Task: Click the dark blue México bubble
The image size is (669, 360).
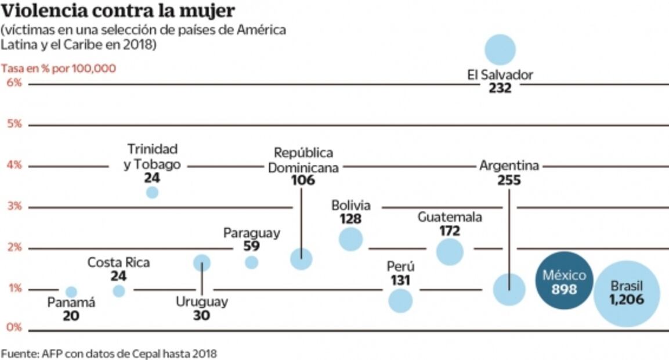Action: [560, 280]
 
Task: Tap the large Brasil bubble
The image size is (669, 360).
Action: [627, 293]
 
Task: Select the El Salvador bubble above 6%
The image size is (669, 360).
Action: [500, 49]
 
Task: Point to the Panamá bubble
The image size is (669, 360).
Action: [71, 291]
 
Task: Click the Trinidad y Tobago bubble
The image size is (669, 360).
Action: [152, 192]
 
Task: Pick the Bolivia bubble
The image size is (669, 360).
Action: [350, 239]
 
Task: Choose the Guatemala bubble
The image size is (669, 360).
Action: [450, 251]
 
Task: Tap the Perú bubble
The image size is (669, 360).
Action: [400, 300]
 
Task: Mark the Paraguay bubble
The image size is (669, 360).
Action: [251, 262]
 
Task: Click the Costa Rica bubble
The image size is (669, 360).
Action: [119, 291]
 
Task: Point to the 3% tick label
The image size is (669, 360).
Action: [14, 206]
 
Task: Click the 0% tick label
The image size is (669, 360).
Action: [14, 327]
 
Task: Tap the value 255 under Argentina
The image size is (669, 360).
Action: [509, 181]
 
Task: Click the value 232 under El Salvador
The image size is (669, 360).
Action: [500, 88]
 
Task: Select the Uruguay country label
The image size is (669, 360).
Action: [202, 302]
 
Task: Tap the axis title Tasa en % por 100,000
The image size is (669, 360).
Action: [59, 68]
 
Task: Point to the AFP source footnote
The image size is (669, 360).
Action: [109, 352]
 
